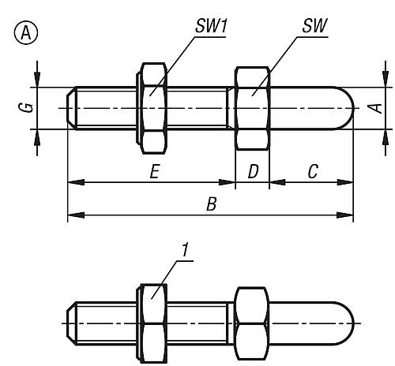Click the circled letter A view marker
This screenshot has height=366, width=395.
tap(25, 33)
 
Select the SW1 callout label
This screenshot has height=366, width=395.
tap(211, 26)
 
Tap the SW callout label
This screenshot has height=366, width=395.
tap(314, 26)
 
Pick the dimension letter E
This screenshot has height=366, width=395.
tap(155, 171)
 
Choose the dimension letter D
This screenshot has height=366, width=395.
tap(254, 171)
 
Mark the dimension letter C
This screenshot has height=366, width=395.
tap(313, 171)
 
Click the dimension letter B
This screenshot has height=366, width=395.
tap(212, 204)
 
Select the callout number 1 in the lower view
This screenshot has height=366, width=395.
tap(186, 249)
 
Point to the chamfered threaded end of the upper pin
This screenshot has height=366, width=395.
tap(72, 108)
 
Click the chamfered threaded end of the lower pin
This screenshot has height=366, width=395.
tap(72, 323)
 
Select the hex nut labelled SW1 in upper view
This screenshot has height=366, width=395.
tap(152, 108)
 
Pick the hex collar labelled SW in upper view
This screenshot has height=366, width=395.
tap(253, 108)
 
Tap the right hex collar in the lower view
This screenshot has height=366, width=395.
tap(252, 323)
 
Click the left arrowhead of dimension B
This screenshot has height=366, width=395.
tap(76, 215)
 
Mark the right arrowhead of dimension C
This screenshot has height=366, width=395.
tap(345, 182)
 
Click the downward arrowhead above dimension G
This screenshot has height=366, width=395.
tap(37, 78)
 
